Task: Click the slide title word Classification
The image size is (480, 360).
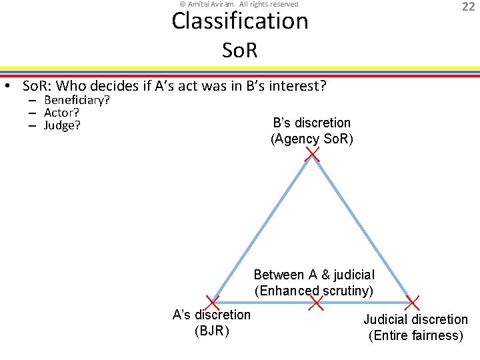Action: coord(240,21)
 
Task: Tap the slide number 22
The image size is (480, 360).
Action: coord(468,7)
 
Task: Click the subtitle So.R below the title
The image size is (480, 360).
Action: coord(239,50)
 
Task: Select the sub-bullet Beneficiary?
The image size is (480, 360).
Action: coord(77,100)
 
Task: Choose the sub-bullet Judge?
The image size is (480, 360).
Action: coord(62,125)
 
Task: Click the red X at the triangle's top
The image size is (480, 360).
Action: coord(312,155)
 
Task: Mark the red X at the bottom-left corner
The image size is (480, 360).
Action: coord(213,303)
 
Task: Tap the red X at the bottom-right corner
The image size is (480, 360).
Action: coord(413,303)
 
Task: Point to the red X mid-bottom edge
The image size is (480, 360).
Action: coord(316,303)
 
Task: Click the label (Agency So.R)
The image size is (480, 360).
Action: coord(312,139)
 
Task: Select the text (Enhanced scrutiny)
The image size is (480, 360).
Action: coord(314,291)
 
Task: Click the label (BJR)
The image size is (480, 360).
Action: coord(211,331)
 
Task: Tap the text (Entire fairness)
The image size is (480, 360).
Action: coord(416,335)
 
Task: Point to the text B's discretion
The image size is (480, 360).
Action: coord(312,123)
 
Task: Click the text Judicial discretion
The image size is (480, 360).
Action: coord(416,319)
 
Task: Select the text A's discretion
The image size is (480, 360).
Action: coord(211,315)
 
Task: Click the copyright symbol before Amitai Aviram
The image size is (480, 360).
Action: coord(183,4)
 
